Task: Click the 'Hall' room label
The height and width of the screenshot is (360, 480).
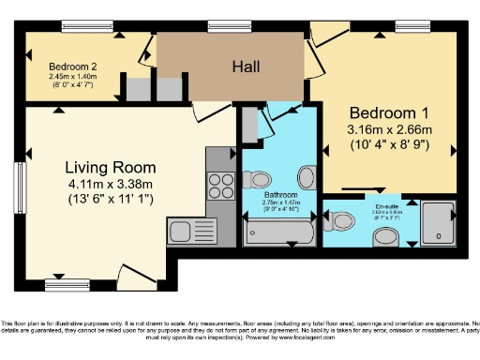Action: pyautogui.click(x=245, y=67)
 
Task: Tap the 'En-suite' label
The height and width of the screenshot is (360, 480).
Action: pyautogui.click(x=384, y=205)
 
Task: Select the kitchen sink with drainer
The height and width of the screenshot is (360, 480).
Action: pyautogui.click(x=190, y=230)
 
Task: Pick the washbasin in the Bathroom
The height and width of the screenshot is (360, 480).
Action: pyautogui.click(x=307, y=178)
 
